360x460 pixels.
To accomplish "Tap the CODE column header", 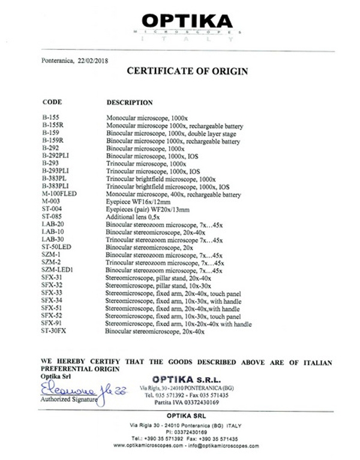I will point(52,102).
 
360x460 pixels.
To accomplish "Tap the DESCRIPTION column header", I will point(129,103).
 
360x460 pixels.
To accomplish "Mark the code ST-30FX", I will point(55,330).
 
